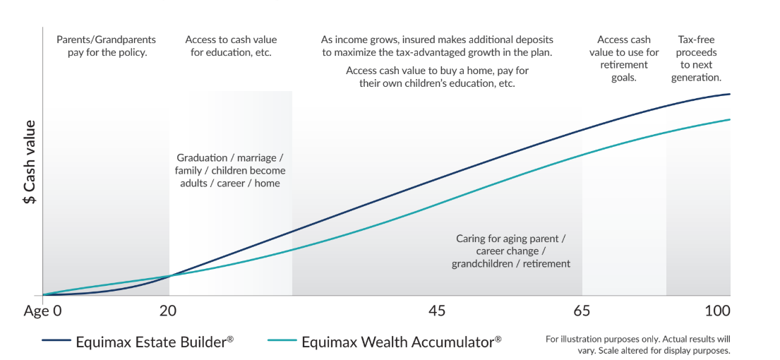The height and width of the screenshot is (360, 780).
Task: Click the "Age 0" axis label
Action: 42,311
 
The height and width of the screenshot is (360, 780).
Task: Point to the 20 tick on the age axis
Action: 167,311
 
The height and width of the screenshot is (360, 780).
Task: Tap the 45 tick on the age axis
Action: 437,311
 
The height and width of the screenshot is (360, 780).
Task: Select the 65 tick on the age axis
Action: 582,311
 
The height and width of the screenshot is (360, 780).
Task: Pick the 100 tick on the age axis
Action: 716,311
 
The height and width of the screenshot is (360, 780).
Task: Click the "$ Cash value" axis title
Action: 30,162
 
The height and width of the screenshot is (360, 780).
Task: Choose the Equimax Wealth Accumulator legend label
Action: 401,342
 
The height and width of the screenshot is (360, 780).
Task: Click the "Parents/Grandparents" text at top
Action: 107,40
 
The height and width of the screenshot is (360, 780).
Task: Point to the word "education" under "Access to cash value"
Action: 225,53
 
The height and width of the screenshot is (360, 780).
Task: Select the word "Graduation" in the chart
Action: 202,157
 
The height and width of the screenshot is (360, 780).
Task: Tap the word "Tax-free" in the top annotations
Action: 697,40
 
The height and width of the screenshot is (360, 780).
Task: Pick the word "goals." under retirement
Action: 623,78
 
